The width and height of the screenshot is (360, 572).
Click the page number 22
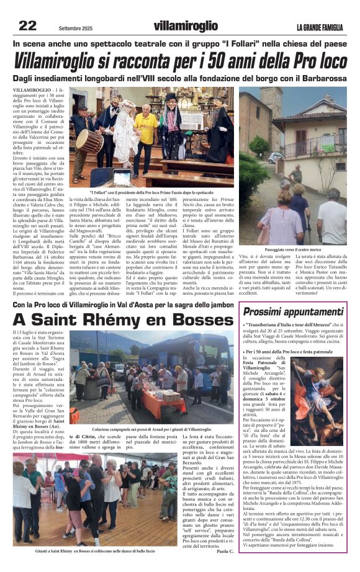click(x=27, y=25)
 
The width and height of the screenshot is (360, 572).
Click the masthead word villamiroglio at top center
click(x=186, y=26)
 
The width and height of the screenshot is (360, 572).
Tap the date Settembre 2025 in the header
click(x=79, y=29)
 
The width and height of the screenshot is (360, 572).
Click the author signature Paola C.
click(x=223, y=550)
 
